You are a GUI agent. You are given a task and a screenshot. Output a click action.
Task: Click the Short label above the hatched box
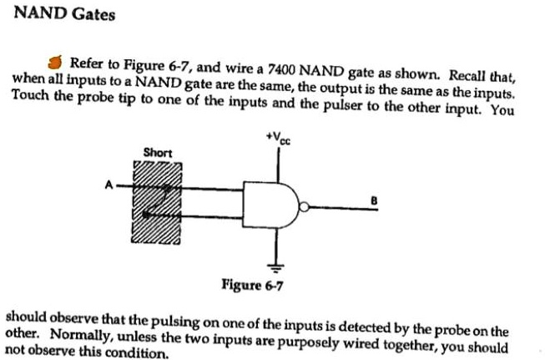point(158,152)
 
